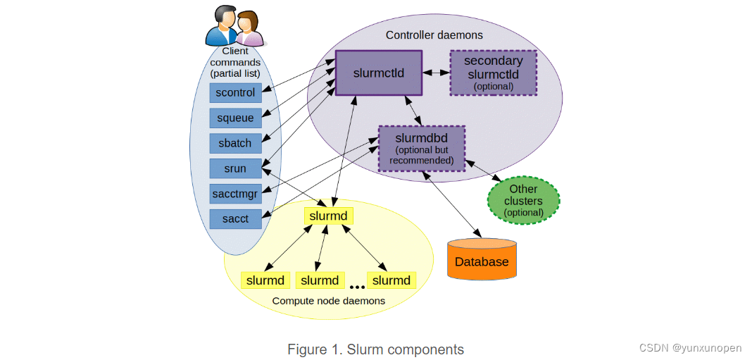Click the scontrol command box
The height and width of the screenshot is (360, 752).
pyautogui.click(x=236, y=92)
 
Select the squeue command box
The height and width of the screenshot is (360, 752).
pyautogui.click(x=236, y=118)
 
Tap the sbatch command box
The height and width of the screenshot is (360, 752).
pyautogui.click(x=236, y=143)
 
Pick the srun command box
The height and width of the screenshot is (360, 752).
pyautogui.click(x=236, y=168)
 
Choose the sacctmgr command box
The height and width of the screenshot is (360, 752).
pyautogui.click(x=236, y=193)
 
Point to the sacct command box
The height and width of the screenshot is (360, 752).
pyautogui.click(x=236, y=218)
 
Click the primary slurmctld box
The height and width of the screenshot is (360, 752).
pyautogui.click(x=378, y=73)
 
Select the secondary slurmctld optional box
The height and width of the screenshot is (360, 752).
pyautogui.click(x=493, y=73)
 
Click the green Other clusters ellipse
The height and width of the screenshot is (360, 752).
pyautogui.click(x=524, y=200)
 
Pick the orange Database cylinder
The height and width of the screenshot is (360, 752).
pyautogui.click(x=482, y=260)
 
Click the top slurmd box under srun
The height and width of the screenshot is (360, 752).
pyautogui.click(x=329, y=216)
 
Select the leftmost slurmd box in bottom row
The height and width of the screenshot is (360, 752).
pyautogui.click(x=265, y=280)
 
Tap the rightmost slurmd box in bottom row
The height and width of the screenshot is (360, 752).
pyautogui.click(x=391, y=280)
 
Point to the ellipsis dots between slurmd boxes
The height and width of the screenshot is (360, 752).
pyautogui.click(x=357, y=286)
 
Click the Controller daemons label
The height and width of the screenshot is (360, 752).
pyautogui.click(x=434, y=35)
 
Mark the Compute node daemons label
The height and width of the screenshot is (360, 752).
pyautogui.click(x=329, y=301)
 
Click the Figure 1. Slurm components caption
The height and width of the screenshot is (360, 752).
pyautogui.click(x=375, y=349)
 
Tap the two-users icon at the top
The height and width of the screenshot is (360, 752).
pyautogui.click(x=234, y=26)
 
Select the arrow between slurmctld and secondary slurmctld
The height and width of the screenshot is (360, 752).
pyautogui.click(x=436, y=73)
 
